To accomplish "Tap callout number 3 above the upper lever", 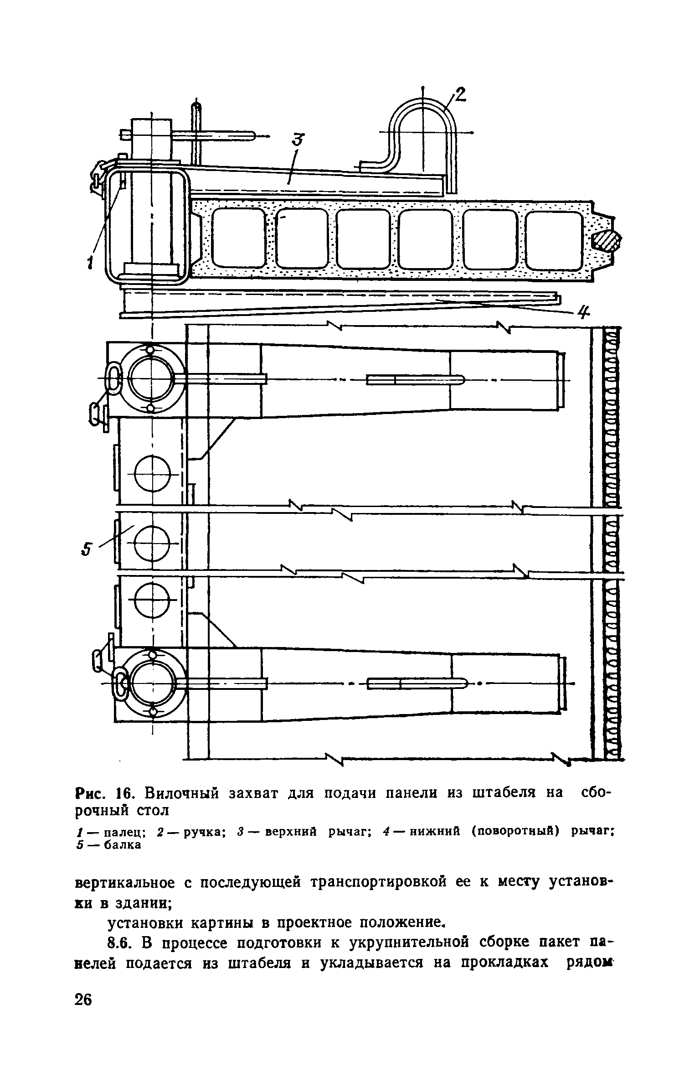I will point(298,139).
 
